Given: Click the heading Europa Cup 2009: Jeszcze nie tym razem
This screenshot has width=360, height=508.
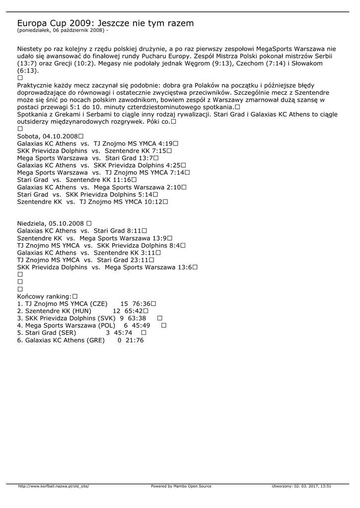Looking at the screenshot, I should click(x=105, y=23).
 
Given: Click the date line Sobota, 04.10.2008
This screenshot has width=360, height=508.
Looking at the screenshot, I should click(x=47, y=136).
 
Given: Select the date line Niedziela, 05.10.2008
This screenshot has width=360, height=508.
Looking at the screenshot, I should click(x=51, y=223).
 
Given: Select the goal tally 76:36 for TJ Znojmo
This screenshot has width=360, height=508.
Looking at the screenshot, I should click(x=141, y=304).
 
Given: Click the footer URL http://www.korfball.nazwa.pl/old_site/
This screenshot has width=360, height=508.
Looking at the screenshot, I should click(x=54, y=486).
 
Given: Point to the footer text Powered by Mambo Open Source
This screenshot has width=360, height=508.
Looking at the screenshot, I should click(x=181, y=486).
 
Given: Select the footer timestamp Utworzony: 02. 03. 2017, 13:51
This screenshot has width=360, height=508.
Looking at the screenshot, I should click(x=301, y=486).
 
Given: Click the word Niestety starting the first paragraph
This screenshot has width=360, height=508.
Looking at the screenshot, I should click(x=29, y=49).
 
